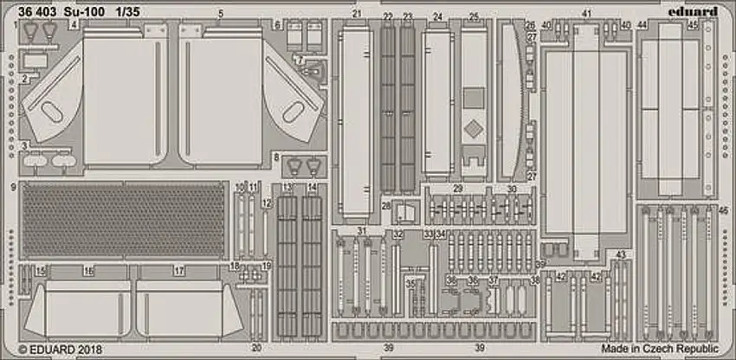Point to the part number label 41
(x=586, y=14)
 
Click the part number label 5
(x=221, y=14)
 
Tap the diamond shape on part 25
(x=473, y=131)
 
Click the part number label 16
(x=87, y=271)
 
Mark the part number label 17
(x=178, y=271)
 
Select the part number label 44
(x=642, y=24)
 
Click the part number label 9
(x=15, y=186)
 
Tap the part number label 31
(x=362, y=232)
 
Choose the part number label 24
(x=437, y=17)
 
